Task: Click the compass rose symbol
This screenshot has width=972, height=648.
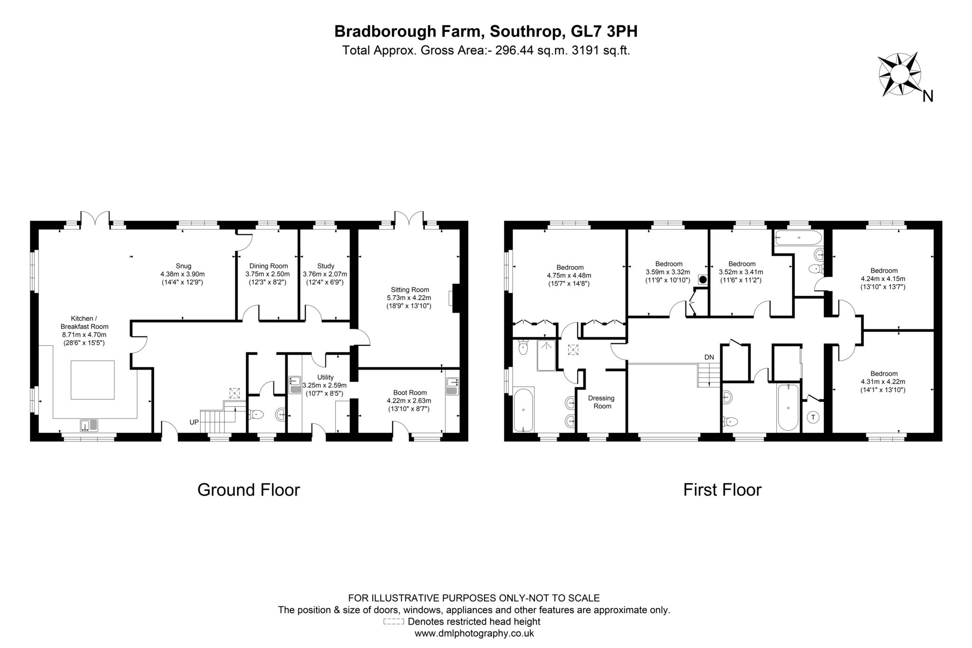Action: [x=899, y=75]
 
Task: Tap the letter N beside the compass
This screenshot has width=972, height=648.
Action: [x=927, y=96]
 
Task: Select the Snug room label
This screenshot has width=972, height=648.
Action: [x=183, y=266]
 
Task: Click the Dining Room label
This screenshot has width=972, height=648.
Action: [x=268, y=266]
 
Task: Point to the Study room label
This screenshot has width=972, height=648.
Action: [x=326, y=266]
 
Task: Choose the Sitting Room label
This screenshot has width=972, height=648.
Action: [x=410, y=289]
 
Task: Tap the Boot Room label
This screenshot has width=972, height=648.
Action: [x=410, y=392]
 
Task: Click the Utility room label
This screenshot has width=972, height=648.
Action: [x=325, y=377]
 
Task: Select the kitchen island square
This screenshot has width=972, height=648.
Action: [x=93, y=380]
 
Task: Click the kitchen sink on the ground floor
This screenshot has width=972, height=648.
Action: [x=89, y=425]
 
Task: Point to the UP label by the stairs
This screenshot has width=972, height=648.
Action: [x=194, y=422]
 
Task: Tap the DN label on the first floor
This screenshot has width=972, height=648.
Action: [x=709, y=357]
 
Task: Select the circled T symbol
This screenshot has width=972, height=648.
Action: [x=813, y=418]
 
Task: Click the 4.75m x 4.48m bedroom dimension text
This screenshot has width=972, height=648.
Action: [x=570, y=276]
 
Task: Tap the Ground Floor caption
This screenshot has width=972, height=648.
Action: [x=248, y=490]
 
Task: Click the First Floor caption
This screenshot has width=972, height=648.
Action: [x=722, y=490]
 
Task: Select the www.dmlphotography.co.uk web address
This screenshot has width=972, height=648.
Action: [x=474, y=633]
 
